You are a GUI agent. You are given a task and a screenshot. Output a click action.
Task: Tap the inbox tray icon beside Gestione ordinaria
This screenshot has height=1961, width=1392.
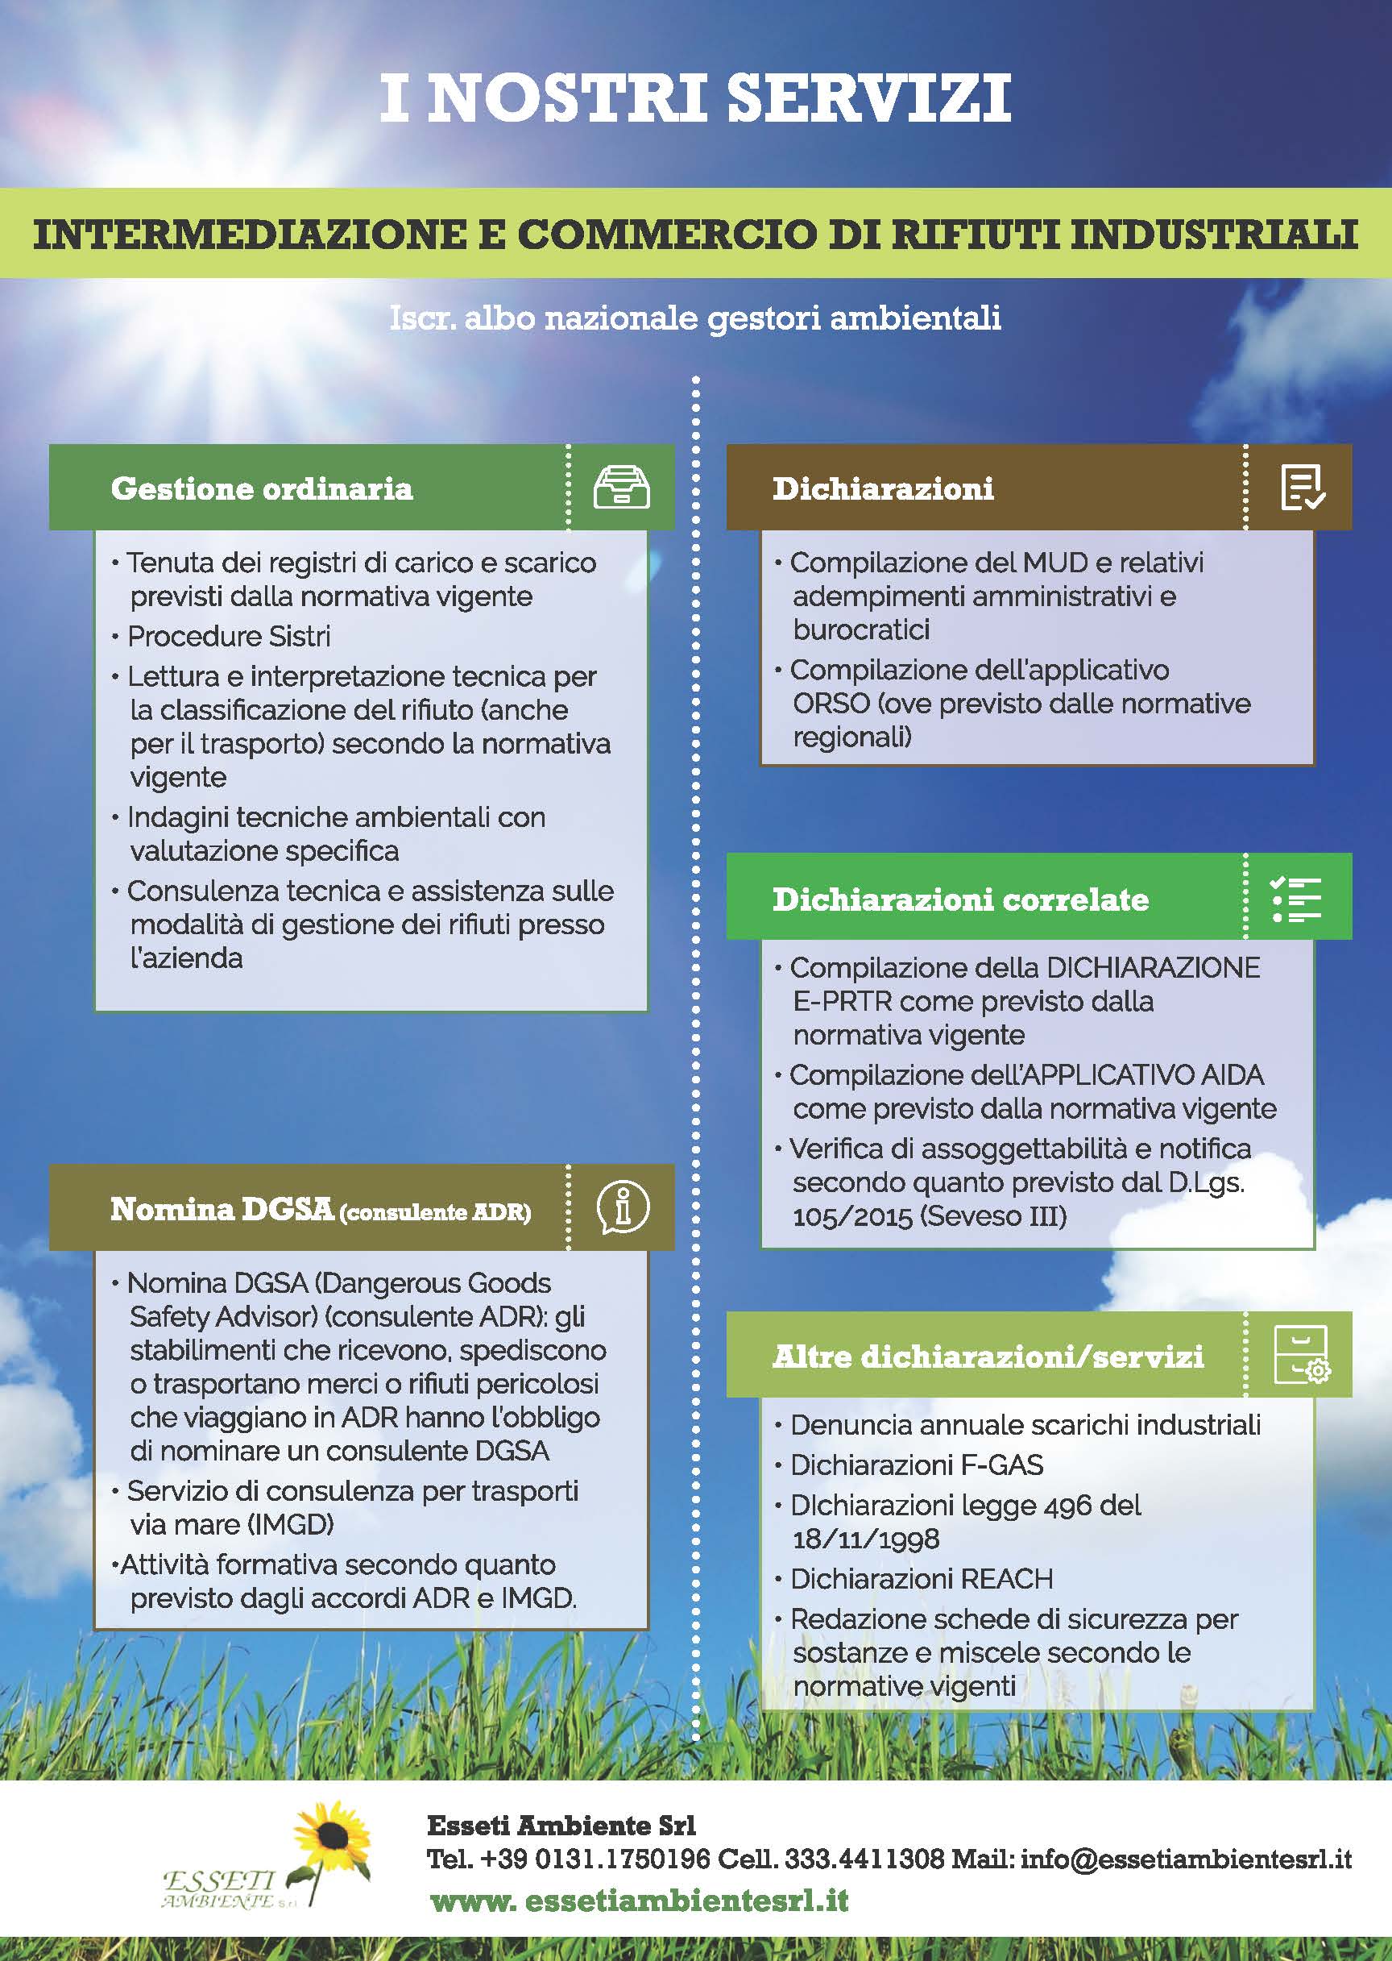pos(621,488)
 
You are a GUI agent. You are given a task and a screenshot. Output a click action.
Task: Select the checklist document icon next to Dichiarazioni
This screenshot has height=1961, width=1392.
pos(1302,488)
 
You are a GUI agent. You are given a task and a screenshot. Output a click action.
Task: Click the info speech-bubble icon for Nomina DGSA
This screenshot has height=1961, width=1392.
pos(622,1207)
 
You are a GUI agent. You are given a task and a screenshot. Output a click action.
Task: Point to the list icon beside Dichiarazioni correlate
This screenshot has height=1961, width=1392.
pos(1296,898)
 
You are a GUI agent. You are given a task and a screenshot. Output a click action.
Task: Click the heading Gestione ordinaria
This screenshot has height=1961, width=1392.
pos(262,488)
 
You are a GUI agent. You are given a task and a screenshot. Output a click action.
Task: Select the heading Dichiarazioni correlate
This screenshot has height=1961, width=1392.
pos(960,899)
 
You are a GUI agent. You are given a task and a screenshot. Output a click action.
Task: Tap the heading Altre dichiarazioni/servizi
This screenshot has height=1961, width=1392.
pos(988,1356)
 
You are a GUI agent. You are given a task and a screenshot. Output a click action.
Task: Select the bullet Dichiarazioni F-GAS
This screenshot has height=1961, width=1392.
pos(915,1465)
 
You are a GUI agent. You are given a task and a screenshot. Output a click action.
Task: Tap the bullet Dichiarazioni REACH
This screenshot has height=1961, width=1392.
pos(921,1579)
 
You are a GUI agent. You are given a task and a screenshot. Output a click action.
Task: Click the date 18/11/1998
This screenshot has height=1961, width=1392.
pos(866,1539)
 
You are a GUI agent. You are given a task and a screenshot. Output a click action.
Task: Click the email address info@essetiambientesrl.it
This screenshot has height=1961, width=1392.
pos(1187,1859)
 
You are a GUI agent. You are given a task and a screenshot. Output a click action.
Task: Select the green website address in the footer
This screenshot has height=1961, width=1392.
pos(639,1901)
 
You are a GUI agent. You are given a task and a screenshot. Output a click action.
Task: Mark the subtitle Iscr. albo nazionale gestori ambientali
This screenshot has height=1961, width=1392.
pos(695,318)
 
